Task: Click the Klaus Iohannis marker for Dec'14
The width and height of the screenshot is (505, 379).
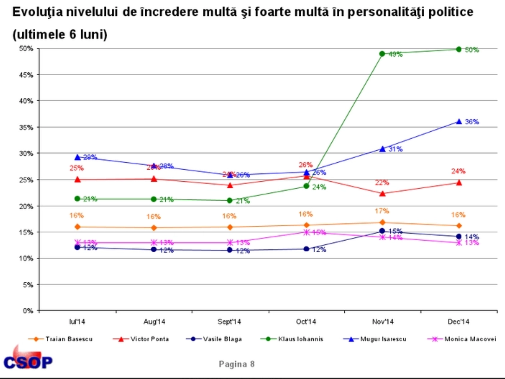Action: coord(459,49)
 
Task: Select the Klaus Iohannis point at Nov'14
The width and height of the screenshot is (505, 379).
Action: coord(382,54)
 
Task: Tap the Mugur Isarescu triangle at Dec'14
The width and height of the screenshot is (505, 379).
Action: coord(459,122)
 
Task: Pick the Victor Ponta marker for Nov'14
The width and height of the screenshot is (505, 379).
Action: coord(382,194)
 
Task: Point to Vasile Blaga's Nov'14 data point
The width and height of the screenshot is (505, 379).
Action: coord(382,231)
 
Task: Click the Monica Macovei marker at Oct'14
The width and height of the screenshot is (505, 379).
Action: coord(306,232)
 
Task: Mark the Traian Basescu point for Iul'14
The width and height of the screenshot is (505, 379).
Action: coord(77,227)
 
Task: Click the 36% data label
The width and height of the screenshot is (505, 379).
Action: coord(472,122)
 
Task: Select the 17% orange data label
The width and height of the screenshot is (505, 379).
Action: coord(382,211)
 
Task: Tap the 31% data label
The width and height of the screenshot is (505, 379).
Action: coord(395,149)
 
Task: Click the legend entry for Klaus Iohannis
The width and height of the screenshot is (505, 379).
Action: coord(292,339)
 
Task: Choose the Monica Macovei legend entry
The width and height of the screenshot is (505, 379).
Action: coord(462,339)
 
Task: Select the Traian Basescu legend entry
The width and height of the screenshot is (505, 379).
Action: coord(60,339)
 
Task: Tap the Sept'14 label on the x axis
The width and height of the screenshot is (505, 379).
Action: coord(229,322)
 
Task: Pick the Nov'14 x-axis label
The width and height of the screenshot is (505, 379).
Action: coord(383,322)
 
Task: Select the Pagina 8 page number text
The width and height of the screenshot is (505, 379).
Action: coord(237,364)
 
